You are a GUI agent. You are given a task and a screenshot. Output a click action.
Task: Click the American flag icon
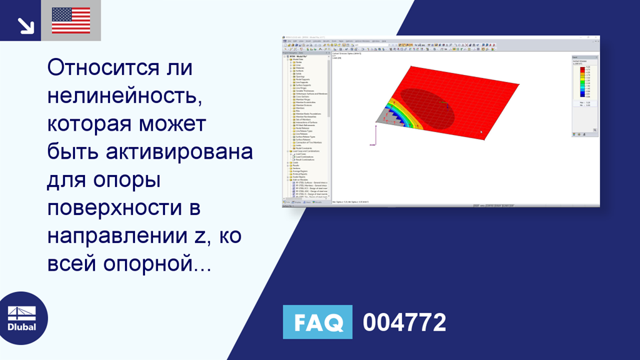pyautogui.click(x=71, y=21)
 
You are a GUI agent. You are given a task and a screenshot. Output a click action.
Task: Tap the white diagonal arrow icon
pyautogui.click(x=26, y=25)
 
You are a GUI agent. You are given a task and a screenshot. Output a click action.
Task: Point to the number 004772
pyautogui.click(x=404, y=322)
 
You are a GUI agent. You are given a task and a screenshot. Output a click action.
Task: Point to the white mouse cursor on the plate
pyautogui.click(x=481, y=132)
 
